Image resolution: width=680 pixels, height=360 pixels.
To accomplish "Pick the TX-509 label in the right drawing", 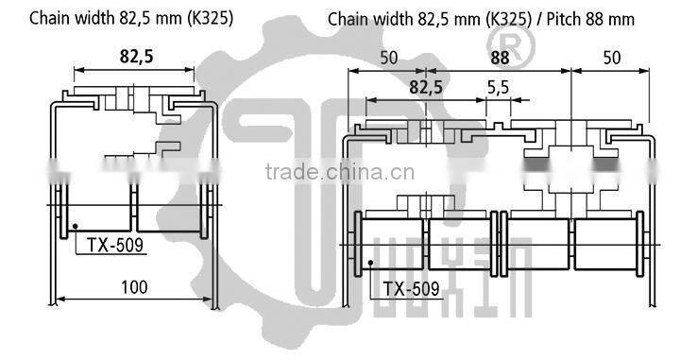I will tap(411, 289).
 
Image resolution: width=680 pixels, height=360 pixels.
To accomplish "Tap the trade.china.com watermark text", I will tap(334, 172).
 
